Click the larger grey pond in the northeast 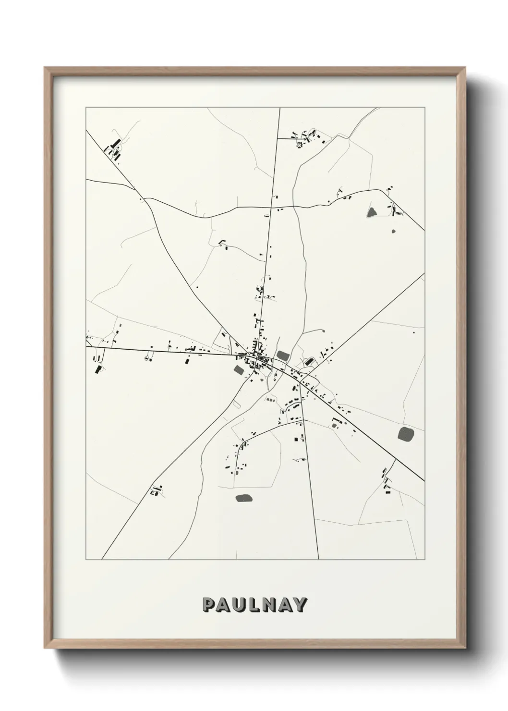click(x=372, y=211)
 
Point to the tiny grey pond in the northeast click(x=394, y=232)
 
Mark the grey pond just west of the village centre click(x=239, y=369)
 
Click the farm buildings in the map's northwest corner click(x=115, y=147)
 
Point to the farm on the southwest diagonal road click(x=156, y=490)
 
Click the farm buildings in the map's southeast click(x=386, y=482)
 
